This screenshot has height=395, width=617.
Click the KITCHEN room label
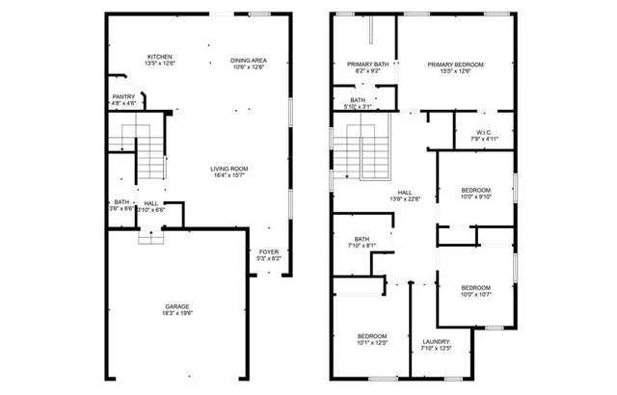click(159, 57)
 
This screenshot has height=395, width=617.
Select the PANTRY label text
click(123, 96)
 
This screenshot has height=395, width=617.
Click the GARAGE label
click(175, 305)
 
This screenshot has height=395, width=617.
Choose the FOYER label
click(269, 251)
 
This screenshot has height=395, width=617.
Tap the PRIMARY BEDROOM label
click(455, 64)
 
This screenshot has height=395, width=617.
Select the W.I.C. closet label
click(484, 132)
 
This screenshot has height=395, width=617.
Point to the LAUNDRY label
click(436, 342)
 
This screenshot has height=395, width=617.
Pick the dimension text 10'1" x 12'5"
click(371, 342)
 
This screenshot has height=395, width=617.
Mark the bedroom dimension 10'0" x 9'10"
click(475, 197)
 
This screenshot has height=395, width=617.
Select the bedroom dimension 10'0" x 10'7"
click(475, 294)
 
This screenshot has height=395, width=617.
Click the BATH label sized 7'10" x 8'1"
click(362, 239)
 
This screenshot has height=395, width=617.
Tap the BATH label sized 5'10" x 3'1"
click(358, 99)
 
